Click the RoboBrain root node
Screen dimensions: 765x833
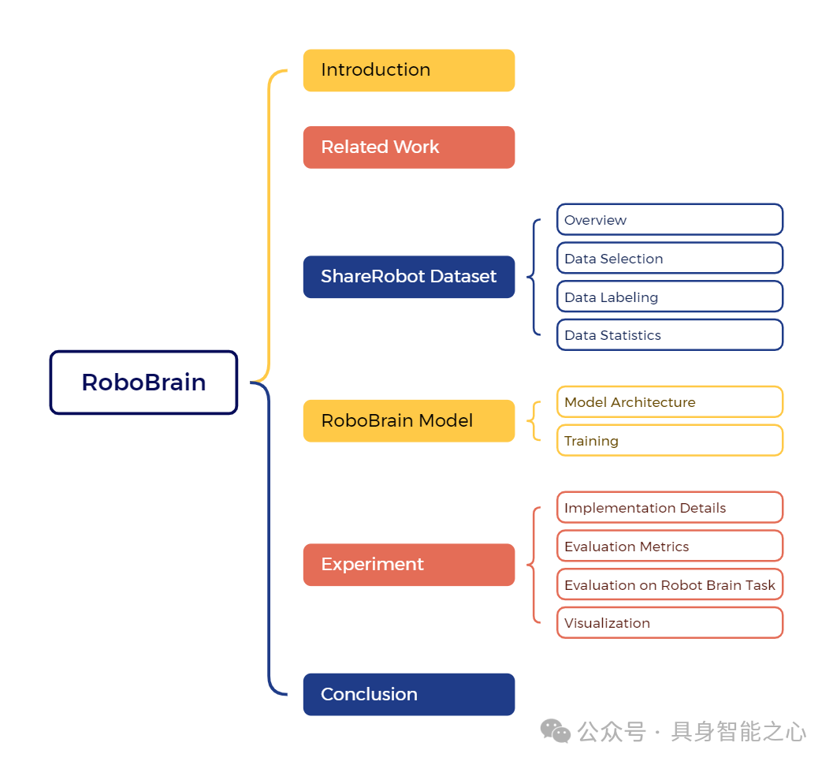coord(143,382)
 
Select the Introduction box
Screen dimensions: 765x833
coord(408,70)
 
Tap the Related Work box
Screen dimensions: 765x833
coord(408,147)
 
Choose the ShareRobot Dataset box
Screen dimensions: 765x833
coord(408,277)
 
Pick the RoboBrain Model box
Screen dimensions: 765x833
coord(408,420)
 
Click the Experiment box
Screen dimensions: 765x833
coord(408,565)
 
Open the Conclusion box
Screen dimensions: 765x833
coord(408,695)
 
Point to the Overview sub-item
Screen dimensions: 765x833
coord(669,220)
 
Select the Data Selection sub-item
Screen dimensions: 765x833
coord(669,259)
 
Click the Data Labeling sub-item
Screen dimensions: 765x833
coord(669,297)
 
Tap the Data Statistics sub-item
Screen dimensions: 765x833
coord(669,335)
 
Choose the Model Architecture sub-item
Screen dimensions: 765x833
coord(669,402)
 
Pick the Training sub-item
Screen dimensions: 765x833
coord(669,441)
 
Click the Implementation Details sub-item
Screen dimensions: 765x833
coord(669,508)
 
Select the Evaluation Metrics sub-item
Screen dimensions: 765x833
coord(669,547)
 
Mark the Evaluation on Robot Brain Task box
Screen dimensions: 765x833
coord(669,585)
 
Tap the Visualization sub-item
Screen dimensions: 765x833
coord(669,623)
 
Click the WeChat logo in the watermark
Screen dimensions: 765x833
coord(556,731)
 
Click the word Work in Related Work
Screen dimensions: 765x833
coord(418,147)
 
